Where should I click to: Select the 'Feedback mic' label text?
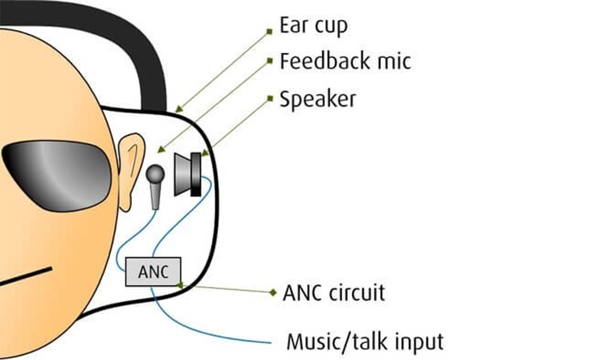click(x=345, y=61)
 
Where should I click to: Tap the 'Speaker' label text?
click(x=318, y=100)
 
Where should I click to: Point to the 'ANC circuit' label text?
click(x=334, y=292)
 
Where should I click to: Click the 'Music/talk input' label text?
click(x=365, y=340)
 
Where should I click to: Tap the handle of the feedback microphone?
click(x=156, y=197)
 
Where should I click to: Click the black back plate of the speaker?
click(x=196, y=174)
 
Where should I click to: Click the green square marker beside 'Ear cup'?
click(x=269, y=32)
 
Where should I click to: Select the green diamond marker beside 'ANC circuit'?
click(x=273, y=292)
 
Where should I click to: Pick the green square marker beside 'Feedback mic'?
click(x=269, y=61)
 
